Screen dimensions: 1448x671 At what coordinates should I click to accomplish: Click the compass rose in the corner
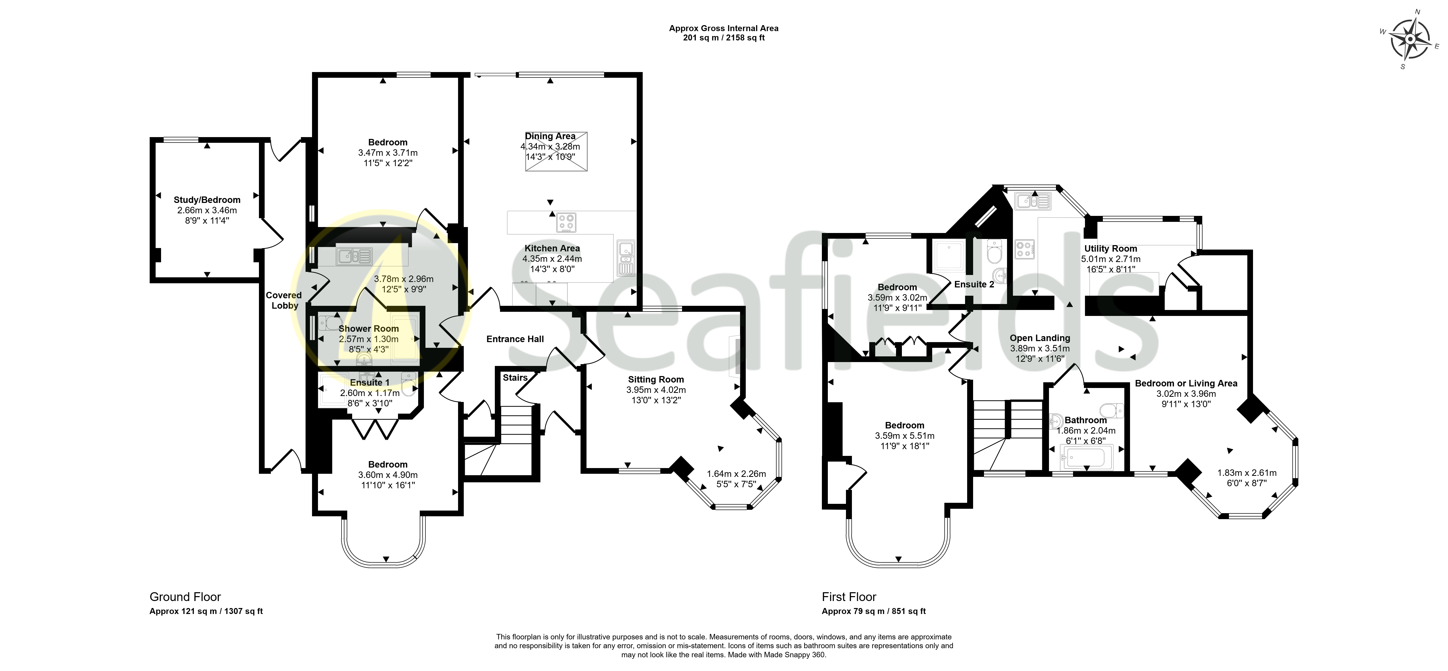1410,39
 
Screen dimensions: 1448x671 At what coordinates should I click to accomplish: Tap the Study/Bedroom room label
207,200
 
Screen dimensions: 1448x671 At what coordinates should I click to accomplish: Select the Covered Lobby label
284,300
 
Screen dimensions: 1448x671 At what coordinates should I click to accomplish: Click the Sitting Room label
656,379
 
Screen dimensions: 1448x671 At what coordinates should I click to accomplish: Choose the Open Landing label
1040,338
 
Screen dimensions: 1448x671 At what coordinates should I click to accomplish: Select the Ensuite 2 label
974,285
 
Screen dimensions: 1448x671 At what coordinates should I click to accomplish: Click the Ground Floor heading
185,597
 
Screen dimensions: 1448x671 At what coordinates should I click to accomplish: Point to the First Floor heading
849,597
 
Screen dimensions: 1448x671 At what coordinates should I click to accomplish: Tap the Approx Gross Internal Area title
723,28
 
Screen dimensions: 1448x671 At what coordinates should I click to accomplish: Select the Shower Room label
369,328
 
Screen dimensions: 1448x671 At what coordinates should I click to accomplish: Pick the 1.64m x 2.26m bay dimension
736,474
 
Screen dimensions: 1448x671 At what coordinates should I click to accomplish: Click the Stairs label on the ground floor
515,377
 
